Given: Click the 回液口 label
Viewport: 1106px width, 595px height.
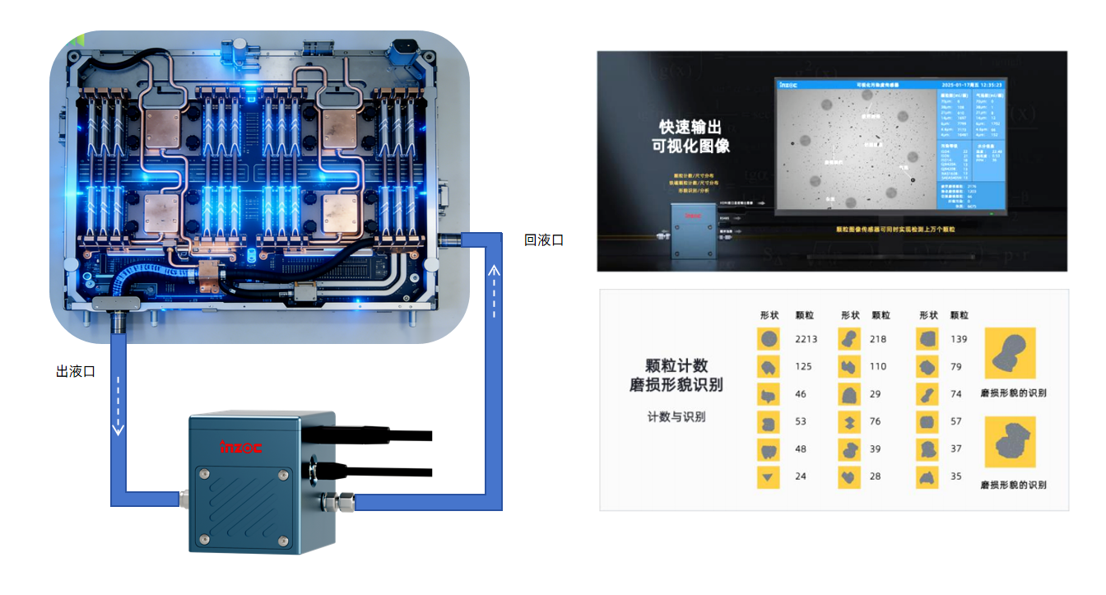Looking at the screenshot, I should click(544, 240).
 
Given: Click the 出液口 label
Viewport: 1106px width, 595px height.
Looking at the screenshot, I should click(76, 372).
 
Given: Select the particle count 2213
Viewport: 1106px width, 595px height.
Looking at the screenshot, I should click(806, 339).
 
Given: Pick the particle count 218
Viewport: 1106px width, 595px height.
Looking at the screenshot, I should click(878, 339).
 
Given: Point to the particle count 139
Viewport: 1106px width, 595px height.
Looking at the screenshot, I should click(959, 339).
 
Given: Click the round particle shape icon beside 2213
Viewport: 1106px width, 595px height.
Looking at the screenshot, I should click(769, 339).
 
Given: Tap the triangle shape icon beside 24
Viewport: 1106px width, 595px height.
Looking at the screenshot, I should click(769, 476).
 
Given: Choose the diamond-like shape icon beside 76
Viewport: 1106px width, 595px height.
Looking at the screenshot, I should click(849, 421).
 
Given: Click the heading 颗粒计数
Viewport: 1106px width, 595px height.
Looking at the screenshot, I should click(676, 365).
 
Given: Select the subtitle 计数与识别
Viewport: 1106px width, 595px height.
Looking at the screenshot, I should click(676, 417).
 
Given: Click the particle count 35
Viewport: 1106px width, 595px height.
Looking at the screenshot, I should click(955, 476).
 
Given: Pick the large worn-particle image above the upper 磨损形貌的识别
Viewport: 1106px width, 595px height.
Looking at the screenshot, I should click(1010, 352).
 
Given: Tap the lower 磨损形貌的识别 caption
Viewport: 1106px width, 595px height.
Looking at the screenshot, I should click(1014, 485).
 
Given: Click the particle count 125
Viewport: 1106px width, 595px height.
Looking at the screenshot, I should click(803, 366).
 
